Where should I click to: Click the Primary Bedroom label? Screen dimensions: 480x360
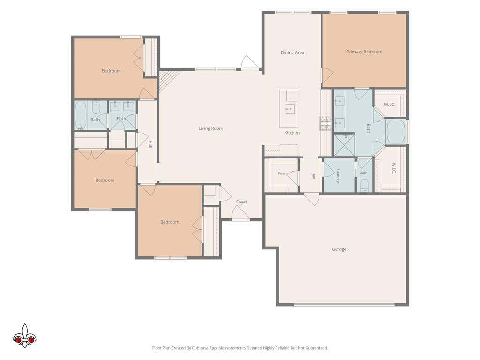(x=364, y=52)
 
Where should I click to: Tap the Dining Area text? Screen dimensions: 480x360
(x=292, y=52)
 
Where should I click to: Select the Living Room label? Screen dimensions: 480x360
(x=210, y=128)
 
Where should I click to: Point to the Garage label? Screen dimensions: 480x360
(x=339, y=249)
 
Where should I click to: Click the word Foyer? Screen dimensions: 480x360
(x=241, y=202)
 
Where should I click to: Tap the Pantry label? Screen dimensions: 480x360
(x=283, y=173)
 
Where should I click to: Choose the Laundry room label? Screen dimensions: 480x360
(x=338, y=176)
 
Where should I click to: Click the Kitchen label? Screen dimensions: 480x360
(x=292, y=133)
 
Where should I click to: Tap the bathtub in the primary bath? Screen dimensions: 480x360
(x=396, y=132)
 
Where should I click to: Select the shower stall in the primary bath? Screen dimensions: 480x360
(x=344, y=145)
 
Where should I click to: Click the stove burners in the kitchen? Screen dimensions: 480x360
(x=326, y=123)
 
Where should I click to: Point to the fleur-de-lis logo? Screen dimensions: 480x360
(x=24, y=336)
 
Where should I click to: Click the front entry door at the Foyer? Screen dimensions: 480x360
(x=240, y=213)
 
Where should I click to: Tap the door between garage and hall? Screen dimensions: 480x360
(x=312, y=199)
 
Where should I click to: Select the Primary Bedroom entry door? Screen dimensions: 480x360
(x=327, y=75)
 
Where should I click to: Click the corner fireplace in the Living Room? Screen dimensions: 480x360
(x=167, y=81)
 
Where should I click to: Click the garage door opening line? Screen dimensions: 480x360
(x=344, y=305)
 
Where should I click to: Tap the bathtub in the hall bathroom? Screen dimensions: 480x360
(x=81, y=116)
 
